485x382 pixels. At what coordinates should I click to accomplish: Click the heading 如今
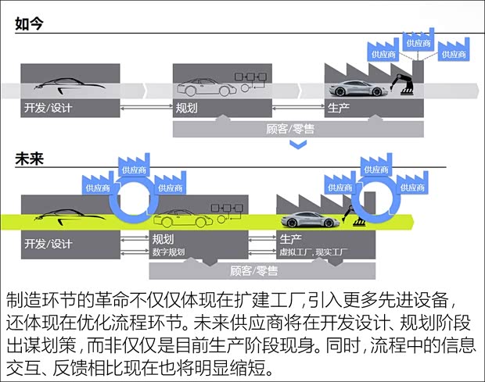(x=28, y=24)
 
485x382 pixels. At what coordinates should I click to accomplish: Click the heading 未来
(x=28, y=157)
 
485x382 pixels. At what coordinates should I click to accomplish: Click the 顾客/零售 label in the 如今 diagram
(x=290, y=129)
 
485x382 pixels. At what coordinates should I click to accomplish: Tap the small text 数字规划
(x=169, y=252)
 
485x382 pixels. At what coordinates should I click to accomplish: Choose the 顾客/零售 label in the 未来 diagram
(x=254, y=271)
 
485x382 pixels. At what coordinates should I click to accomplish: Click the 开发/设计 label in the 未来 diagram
(x=48, y=243)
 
